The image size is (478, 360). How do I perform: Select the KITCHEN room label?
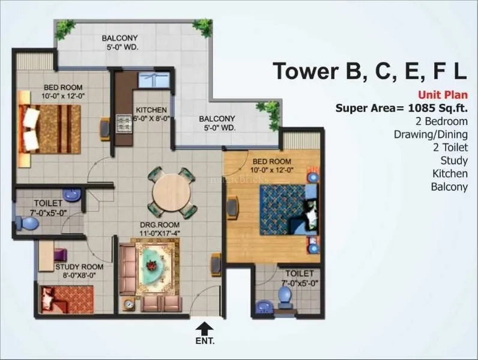151,110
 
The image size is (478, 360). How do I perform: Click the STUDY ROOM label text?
79,266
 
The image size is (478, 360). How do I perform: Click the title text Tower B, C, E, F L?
369,70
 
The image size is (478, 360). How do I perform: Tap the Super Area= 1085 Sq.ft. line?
401,108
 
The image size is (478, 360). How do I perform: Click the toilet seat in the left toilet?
28,223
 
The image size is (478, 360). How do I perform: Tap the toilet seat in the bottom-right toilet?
284,294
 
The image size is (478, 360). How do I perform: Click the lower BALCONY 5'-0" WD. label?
217,123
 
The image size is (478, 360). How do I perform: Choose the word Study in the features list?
453,160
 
